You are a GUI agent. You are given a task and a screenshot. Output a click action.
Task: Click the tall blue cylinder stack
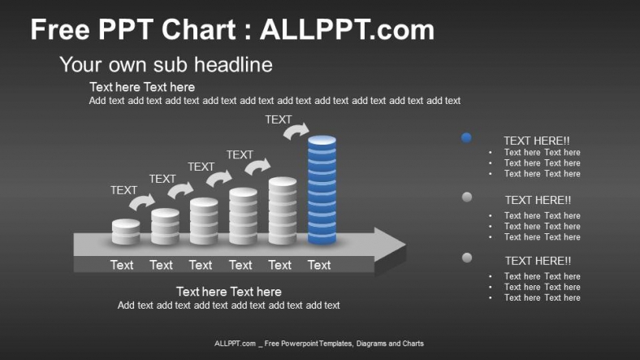(x=322, y=190)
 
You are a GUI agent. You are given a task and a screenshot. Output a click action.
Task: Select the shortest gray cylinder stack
(x=126, y=232)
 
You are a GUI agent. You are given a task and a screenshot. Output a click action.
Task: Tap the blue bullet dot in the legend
(x=466, y=138)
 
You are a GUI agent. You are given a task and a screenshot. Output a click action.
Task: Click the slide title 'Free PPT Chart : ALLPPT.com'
(x=232, y=30)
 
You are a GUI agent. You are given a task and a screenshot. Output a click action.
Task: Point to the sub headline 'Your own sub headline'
(x=166, y=65)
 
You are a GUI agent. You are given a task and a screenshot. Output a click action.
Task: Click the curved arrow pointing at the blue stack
(x=296, y=130)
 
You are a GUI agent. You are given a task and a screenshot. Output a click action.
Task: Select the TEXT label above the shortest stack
(x=123, y=190)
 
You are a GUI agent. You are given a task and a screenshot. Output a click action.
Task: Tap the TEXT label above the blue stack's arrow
(x=279, y=119)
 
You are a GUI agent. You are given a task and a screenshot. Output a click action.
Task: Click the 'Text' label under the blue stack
(x=319, y=265)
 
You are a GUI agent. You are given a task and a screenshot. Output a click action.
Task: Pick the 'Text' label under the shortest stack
(x=122, y=265)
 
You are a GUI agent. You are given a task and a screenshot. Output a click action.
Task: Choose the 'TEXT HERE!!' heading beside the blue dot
(x=536, y=141)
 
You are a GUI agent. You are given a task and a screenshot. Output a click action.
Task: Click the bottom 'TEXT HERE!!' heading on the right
(x=538, y=261)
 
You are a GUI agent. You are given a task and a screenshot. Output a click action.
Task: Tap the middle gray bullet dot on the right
(x=467, y=197)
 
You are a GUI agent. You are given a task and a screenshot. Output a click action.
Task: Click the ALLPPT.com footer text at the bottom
(x=319, y=344)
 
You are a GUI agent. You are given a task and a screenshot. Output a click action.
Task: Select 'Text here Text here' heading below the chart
(x=228, y=292)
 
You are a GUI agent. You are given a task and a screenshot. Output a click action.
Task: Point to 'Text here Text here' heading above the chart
(x=142, y=87)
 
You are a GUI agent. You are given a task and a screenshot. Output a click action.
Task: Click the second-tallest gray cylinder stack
(x=283, y=211)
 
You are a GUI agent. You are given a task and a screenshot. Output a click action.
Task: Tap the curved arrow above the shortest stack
(x=142, y=202)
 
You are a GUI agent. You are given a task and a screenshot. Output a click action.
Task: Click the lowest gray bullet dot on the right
(x=467, y=258)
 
